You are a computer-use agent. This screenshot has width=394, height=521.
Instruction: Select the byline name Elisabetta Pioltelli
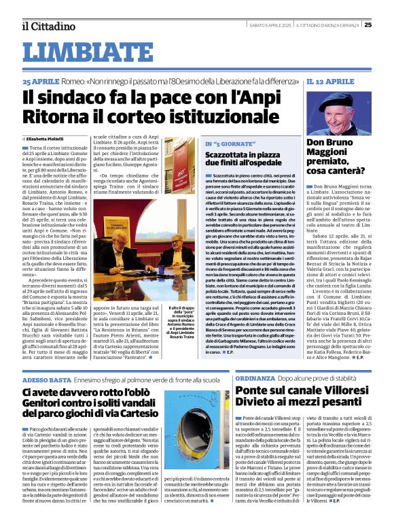click(48, 138)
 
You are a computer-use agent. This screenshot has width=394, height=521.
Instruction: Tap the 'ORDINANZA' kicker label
click(257, 377)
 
